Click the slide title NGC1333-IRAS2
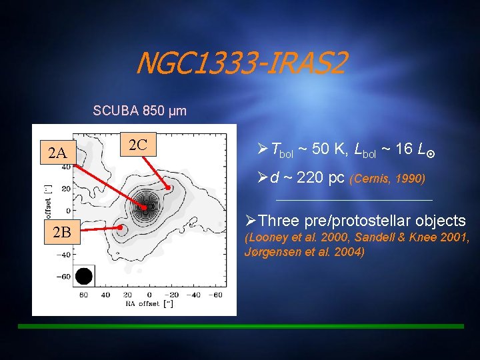click(241, 65)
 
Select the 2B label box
click(61, 233)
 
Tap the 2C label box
click(137, 144)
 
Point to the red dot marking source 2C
click(169, 189)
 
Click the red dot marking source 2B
click(121, 227)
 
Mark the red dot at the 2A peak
click(143, 208)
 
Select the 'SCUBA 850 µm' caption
click(140, 110)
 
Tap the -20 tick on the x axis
click(171, 294)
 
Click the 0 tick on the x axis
click(149, 294)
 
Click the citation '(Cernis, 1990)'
click(387, 179)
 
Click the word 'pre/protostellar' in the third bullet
click(371, 221)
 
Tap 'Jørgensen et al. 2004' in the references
click(305, 253)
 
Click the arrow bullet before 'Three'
click(251, 221)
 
